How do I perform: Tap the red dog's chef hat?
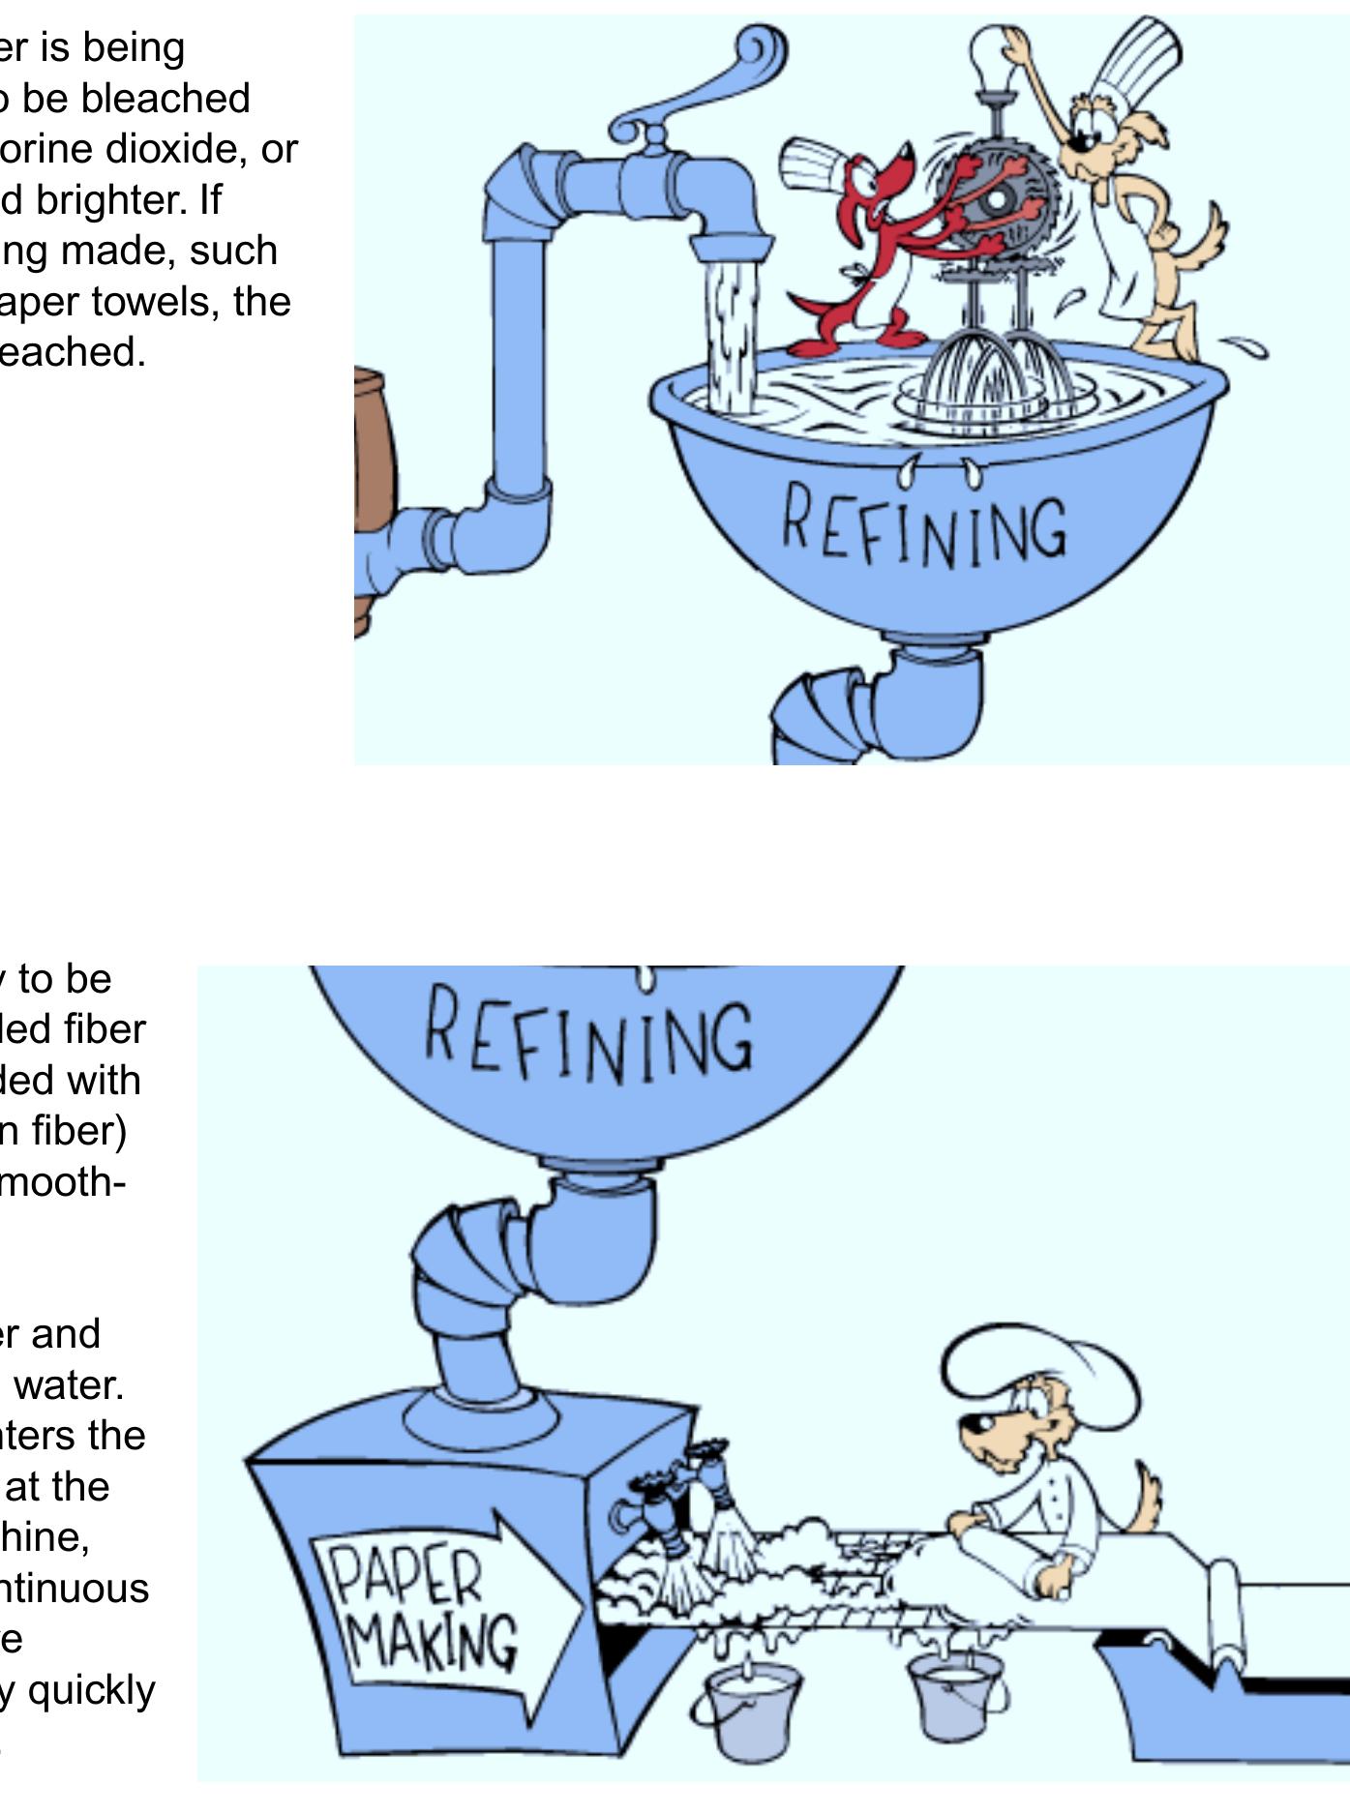tap(815, 163)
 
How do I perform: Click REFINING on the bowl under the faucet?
tap(924, 528)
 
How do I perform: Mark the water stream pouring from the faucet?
tap(732, 329)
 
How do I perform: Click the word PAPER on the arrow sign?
tap(406, 1577)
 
